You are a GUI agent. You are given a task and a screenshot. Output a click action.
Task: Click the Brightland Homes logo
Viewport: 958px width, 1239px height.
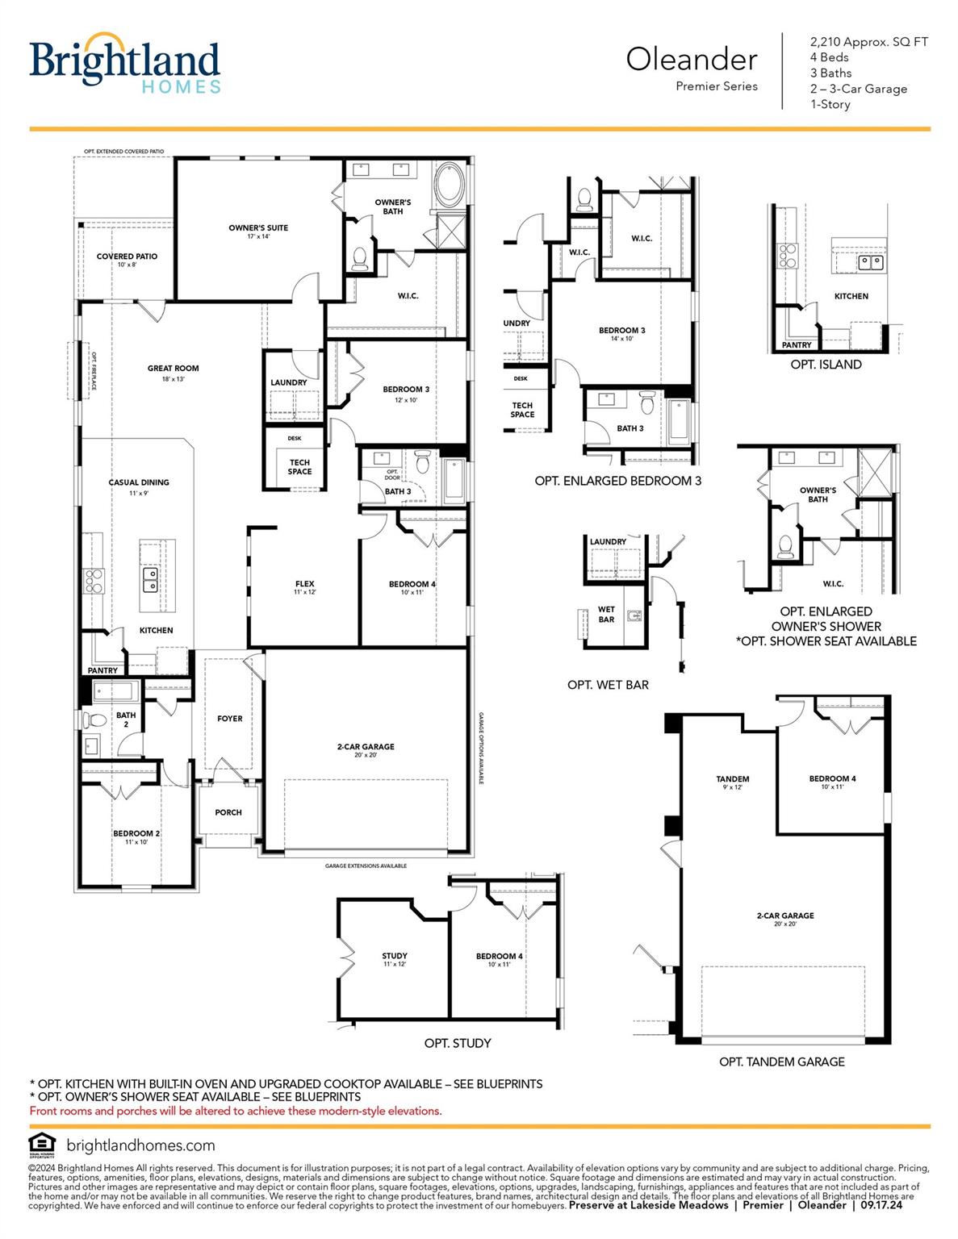point(124,64)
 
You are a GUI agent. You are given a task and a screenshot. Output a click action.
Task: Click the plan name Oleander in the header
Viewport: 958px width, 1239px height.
point(692,59)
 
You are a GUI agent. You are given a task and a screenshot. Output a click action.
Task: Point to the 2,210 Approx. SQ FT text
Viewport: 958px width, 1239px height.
point(868,42)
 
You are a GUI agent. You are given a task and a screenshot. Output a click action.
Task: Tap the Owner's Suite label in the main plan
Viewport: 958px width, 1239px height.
point(258,228)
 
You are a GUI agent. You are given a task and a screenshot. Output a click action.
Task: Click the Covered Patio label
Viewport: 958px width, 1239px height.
point(127,257)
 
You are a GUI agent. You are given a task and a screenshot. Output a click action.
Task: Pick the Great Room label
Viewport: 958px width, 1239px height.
point(173,369)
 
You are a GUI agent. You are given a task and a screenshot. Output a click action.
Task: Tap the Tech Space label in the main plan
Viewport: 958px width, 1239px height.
point(299,467)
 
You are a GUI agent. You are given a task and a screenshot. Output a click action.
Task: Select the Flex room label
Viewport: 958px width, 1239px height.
point(304,584)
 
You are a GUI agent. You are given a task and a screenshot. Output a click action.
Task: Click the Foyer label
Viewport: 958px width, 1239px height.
point(229,719)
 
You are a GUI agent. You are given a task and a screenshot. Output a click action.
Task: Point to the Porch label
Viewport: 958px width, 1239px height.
point(228,812)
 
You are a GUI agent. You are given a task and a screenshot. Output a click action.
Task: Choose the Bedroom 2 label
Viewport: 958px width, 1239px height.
point(136,833)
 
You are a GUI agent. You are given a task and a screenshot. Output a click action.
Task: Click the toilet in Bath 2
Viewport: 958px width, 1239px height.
point(95,719)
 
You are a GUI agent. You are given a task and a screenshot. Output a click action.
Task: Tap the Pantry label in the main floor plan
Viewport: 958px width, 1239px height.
point(102,670)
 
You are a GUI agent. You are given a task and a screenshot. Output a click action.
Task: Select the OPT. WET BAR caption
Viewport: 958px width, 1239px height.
point(608,685)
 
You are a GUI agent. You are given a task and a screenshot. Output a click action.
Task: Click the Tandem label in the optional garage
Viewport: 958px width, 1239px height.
point(732,779)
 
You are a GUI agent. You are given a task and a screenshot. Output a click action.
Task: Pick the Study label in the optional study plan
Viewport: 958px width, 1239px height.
point(395,956)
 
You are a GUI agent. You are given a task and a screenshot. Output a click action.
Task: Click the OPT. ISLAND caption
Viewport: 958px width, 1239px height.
point(826,365)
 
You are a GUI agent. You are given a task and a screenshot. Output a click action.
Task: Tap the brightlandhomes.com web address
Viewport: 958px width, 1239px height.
point(140,1145)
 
